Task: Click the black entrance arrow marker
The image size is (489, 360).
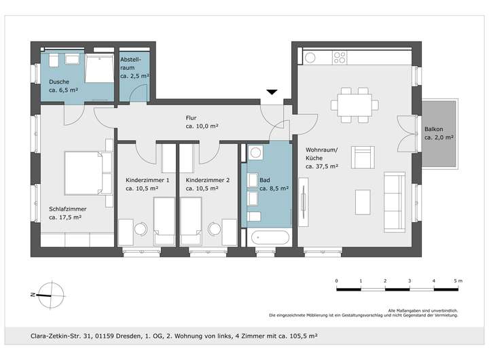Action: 272,92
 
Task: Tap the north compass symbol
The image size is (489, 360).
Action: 50,295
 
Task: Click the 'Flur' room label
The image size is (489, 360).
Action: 191,118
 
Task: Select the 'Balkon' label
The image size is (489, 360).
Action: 433,129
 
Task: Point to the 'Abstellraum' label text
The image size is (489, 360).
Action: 130,63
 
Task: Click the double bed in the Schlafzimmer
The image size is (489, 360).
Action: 88,173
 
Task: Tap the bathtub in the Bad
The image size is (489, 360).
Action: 270,238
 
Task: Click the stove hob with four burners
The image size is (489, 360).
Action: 340,58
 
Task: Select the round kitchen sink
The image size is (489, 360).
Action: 310,58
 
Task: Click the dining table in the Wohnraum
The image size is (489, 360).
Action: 355,105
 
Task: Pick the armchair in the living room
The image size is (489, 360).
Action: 363,157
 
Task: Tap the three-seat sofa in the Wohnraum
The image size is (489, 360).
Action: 395,202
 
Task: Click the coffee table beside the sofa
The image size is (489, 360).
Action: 363,202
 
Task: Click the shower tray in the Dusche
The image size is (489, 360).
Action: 99,69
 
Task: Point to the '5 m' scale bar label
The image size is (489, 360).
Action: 458,281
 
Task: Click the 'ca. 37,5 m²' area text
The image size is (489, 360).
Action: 322,166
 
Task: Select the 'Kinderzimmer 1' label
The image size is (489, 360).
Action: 147,180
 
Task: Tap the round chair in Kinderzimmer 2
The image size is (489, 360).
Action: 215,229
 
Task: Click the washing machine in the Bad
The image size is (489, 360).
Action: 255,153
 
